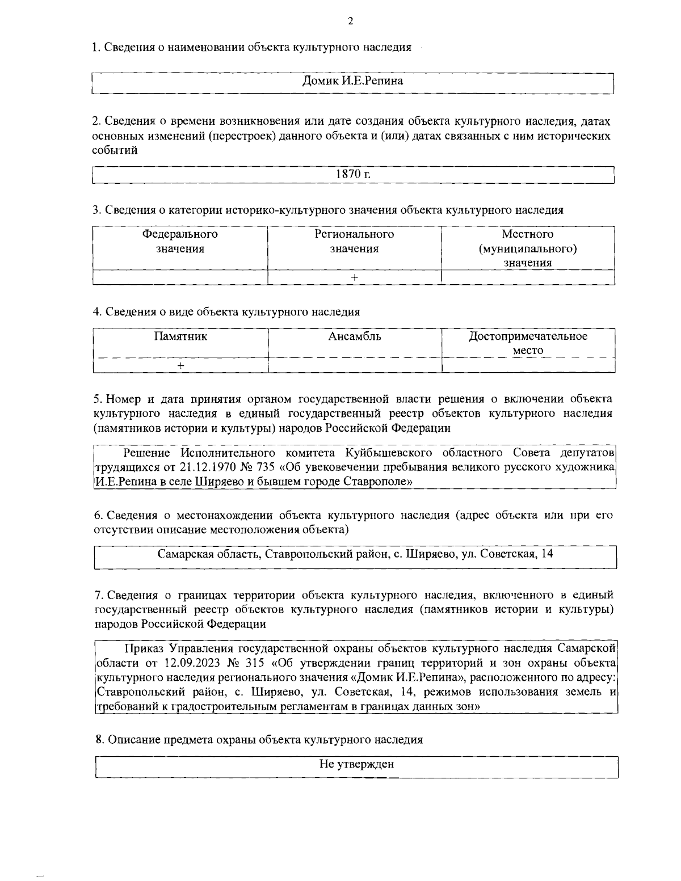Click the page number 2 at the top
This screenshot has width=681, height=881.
point(350,22)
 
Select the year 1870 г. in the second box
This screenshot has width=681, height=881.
point(353,174)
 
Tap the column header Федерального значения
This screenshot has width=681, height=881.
point(180,241)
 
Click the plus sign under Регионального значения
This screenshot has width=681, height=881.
point(354,277)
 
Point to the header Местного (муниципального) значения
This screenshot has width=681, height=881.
point(528,248)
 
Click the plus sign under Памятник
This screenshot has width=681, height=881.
point(180,366)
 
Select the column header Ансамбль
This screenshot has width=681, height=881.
point(355,336)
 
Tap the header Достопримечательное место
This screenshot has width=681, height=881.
point(528,343)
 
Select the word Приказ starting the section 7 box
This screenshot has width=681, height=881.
point(142,648)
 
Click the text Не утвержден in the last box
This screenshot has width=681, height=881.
point(356,764)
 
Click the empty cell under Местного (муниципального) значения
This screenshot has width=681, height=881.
point(528,277)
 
